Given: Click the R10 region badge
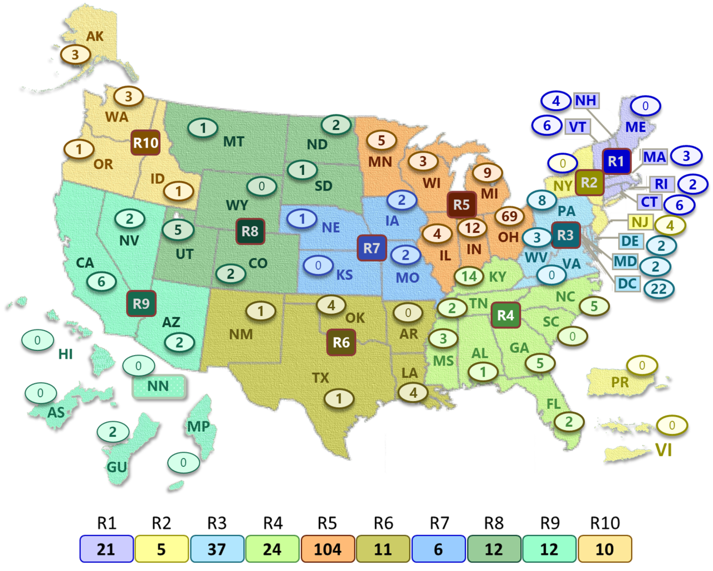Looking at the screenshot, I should [x=145, y=143].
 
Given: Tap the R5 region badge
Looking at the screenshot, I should [x=461, y=204].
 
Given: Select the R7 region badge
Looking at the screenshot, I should [x=372, y=247].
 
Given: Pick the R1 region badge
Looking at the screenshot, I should [x=616, y=162].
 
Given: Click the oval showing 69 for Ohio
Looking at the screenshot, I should [x=510, y=216].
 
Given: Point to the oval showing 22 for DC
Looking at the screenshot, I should [x=658, y=289].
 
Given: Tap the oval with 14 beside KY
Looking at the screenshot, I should [x=469, y=276].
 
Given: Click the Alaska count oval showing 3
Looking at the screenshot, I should [x=75, y=55].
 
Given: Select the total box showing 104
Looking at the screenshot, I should [x=328, y=549].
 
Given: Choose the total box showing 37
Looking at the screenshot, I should [x=217, y=549].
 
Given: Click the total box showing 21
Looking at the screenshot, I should [x=106, y=549].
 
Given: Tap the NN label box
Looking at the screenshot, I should [x=158, y=386].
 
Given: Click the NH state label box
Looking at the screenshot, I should [x=585, y=101].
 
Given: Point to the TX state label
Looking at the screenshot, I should [x=320, y=378].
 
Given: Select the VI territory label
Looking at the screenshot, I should [x=663, y=450].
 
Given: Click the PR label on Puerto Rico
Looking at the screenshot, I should [x=620, y=382].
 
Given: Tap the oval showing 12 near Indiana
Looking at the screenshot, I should [x=472, y=227].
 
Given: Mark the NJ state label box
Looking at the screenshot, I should [x=640, y=222].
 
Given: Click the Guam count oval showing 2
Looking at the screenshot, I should [x=113, y=431].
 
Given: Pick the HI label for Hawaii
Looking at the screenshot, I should [x=66, y=354].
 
